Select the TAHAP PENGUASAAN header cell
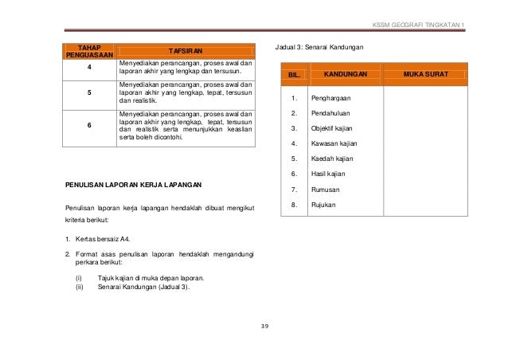click(88, 49)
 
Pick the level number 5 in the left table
click(88, 92)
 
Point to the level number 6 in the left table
click(88, 125)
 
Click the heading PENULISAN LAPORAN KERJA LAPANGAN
click(134, 185)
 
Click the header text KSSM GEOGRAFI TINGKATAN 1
click(418, 22)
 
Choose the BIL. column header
click(294, 74)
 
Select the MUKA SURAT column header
click(425, 74)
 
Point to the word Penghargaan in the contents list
click(332, 98)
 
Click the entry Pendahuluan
click(331, 113)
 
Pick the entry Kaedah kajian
click(333, 158)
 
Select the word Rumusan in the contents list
click(326, 190)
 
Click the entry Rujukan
click(324, 205)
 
